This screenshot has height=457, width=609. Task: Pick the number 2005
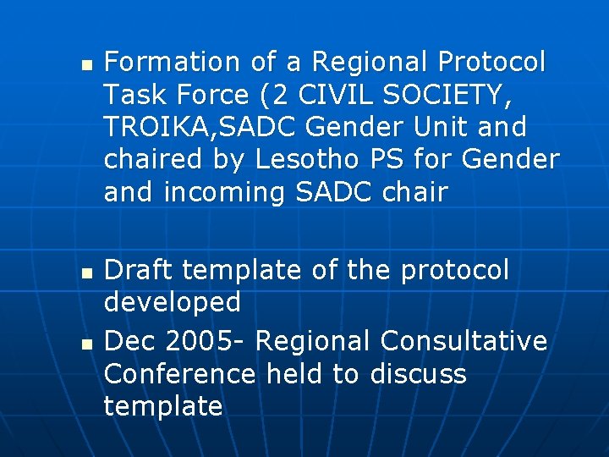pos(206,341)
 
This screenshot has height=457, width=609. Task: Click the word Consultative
pos(464,341)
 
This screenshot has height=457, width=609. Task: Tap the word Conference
pos(179,373)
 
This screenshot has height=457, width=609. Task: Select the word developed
pos(173,302)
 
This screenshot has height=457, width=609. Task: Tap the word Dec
pos(131,341)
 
